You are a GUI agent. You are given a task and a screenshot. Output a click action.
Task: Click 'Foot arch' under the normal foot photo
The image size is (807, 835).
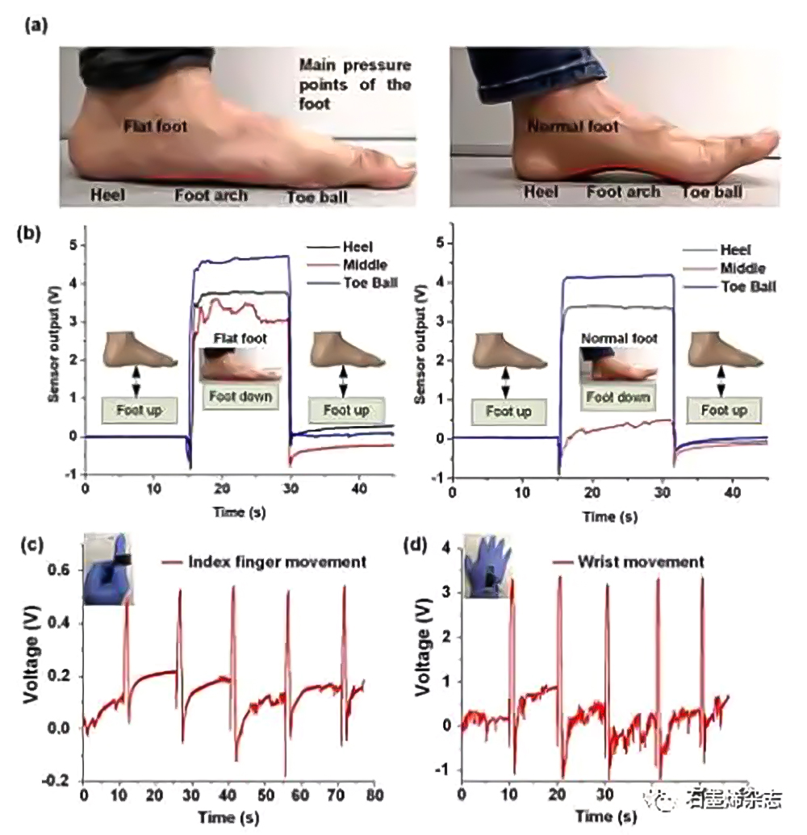(x=623, y=192)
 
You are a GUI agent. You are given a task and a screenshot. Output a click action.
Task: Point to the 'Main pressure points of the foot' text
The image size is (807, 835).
(x=355, y=84)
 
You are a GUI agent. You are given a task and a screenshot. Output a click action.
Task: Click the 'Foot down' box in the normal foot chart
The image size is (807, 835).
(x=617, y=398)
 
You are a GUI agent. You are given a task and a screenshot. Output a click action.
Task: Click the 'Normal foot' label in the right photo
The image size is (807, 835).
(x=573, y=127)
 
